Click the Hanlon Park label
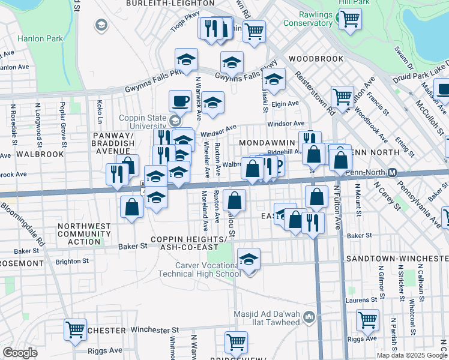(41, 38)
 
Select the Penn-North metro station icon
(392, 173)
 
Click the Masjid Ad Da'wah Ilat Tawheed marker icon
(309, 316)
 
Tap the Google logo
(20, 352)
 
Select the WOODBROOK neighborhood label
(316, 59)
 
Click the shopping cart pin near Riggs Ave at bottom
(236, 342)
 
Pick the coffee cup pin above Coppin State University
(179, 100)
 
